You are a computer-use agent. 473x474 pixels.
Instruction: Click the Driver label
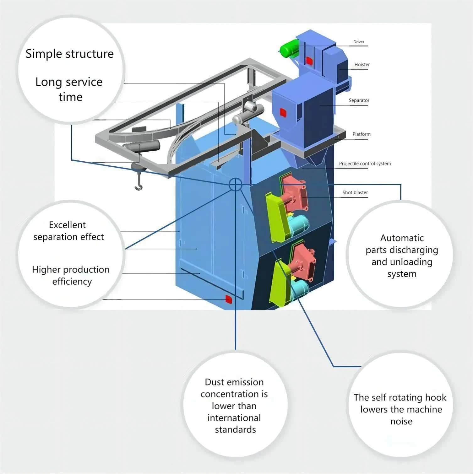359,42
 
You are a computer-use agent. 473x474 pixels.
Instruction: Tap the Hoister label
362,64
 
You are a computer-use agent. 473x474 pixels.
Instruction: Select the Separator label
359,100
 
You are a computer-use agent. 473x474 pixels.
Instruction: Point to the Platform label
361,134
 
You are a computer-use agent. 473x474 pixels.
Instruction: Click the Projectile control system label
365,164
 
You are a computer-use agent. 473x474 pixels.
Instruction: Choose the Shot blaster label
355,192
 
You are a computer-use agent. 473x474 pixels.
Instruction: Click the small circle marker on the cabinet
235,184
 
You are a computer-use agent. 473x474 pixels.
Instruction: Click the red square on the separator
283,112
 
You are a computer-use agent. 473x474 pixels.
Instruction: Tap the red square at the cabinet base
229,299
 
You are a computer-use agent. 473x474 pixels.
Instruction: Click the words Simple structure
69,54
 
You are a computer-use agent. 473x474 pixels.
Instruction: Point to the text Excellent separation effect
68,231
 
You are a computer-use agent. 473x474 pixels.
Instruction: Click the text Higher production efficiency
71,275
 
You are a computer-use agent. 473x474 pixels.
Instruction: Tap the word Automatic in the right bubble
402,238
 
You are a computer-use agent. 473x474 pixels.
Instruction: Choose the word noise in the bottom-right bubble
401,421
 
